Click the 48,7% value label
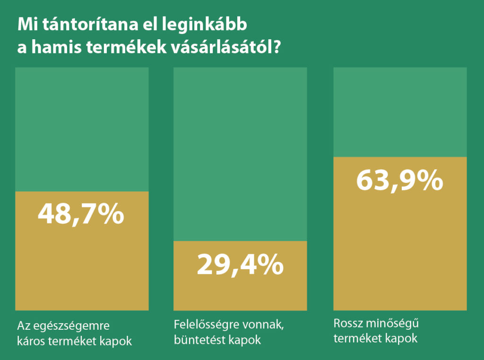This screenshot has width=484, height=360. pos(81,214)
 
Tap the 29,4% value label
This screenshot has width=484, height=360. pos(240,265)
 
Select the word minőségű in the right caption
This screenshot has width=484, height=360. pos(392,325)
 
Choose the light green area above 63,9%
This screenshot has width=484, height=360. pos(400,111)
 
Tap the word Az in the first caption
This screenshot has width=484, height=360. pos(23,326)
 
